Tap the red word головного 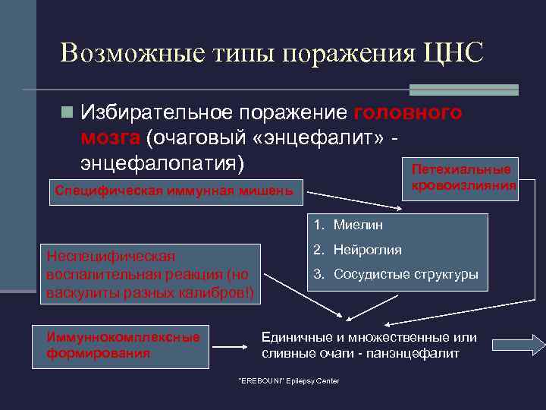tap(408, 113)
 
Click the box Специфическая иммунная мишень tap(174, 191)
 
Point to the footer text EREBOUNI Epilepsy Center tap(289, 380)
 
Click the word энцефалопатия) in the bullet tap(162, 161)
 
